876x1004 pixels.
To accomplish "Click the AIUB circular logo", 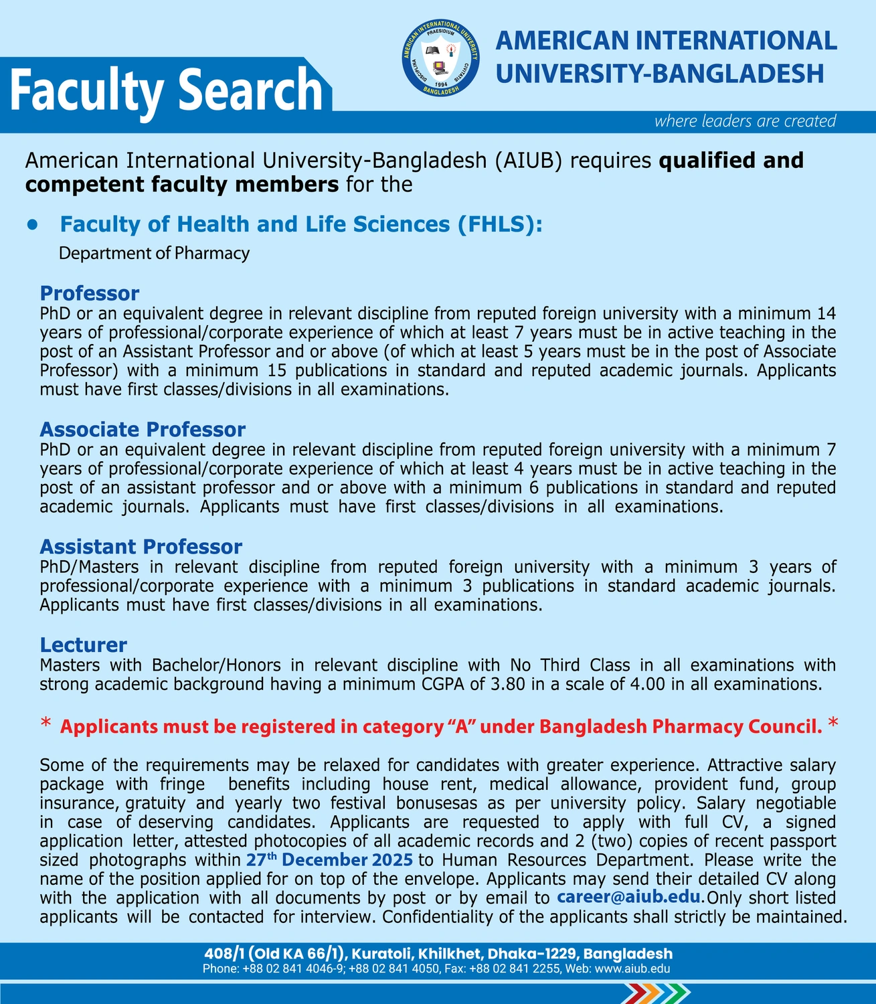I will [440, 58].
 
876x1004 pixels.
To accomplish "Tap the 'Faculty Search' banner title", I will [167, 90].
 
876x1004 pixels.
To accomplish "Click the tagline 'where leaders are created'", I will [745, 121].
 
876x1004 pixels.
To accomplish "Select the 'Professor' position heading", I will [89, 293].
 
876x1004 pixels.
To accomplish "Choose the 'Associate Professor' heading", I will [143, 429].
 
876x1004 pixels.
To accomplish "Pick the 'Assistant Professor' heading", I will [141, 547].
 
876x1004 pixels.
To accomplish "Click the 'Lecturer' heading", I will [83, 645].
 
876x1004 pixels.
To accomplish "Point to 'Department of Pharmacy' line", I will [154, 253].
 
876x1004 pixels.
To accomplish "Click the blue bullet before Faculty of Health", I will [31, 225].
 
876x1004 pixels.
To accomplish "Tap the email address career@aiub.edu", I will [628, 897].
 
